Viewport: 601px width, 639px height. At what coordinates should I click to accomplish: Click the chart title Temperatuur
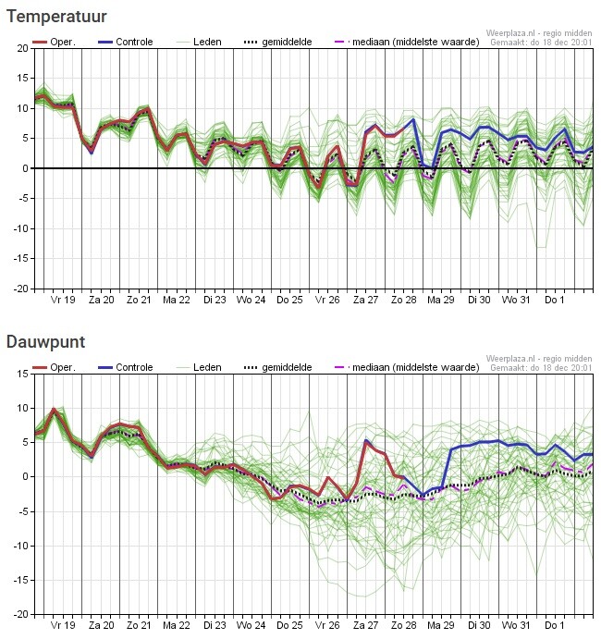coord(56,16)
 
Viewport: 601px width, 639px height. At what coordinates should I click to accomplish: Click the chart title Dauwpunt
coord(46,342)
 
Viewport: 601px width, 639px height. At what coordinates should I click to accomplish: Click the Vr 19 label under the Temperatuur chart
coord(62,300)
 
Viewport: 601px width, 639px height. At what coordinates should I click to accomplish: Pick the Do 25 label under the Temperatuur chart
coord(289,300)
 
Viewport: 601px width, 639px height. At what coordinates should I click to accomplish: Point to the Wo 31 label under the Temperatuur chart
coord(516,300)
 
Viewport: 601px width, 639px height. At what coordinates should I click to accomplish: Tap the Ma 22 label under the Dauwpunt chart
coord(176,626)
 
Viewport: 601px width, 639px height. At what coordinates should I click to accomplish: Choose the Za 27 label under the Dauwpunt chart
coord(365,626)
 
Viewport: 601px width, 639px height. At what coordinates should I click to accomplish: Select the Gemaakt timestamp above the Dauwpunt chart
coord(539,368)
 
